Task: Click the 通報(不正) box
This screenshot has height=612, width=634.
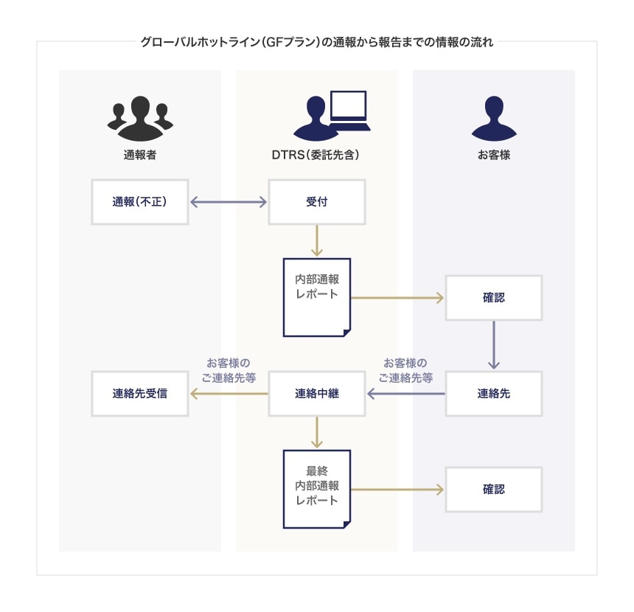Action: pyautogui.click(x=140, y=201)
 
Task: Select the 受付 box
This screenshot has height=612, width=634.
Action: pyautogui.click(x=316, y=201)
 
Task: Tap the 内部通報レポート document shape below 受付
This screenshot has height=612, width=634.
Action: pyautogui.click(x=316, y=295)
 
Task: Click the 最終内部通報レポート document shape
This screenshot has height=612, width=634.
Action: pyautogui.click(x=316, y=487)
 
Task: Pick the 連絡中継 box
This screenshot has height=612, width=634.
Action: pyautogui.click(x=316, y=393)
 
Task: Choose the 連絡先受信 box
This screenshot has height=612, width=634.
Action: pyautogui.click(x=140, y=393)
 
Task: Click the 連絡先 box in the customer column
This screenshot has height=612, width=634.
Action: pyautogui.click(x=493, y=393)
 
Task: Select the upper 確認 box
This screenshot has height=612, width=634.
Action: pyautogui.click(x=493, y=298)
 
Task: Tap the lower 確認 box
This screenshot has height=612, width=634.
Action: pyautogui.click(x=493, y=489)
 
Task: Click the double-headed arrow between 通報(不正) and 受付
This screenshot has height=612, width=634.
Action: pyautogui.click(x=229, y=201)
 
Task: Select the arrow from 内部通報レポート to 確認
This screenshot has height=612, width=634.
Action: pyautogui.click(x=398, y=298)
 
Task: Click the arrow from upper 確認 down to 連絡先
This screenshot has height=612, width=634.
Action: pyautogui.click(x=493, y=345)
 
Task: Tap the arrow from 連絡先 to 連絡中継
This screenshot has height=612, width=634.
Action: pyautogui.click(x=405, y=394)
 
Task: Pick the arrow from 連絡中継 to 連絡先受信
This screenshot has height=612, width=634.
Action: pyautogui.click(x=229, y=394)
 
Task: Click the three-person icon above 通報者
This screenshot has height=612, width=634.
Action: pyautogui.click(x=140, y=118)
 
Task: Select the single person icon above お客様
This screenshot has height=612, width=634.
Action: pyautogui.click(x=493, y=118)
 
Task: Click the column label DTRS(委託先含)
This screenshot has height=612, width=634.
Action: pyautogui.click(x=316, y=156)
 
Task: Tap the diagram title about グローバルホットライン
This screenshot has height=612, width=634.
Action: pyautogui.click(x=316, y=41)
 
